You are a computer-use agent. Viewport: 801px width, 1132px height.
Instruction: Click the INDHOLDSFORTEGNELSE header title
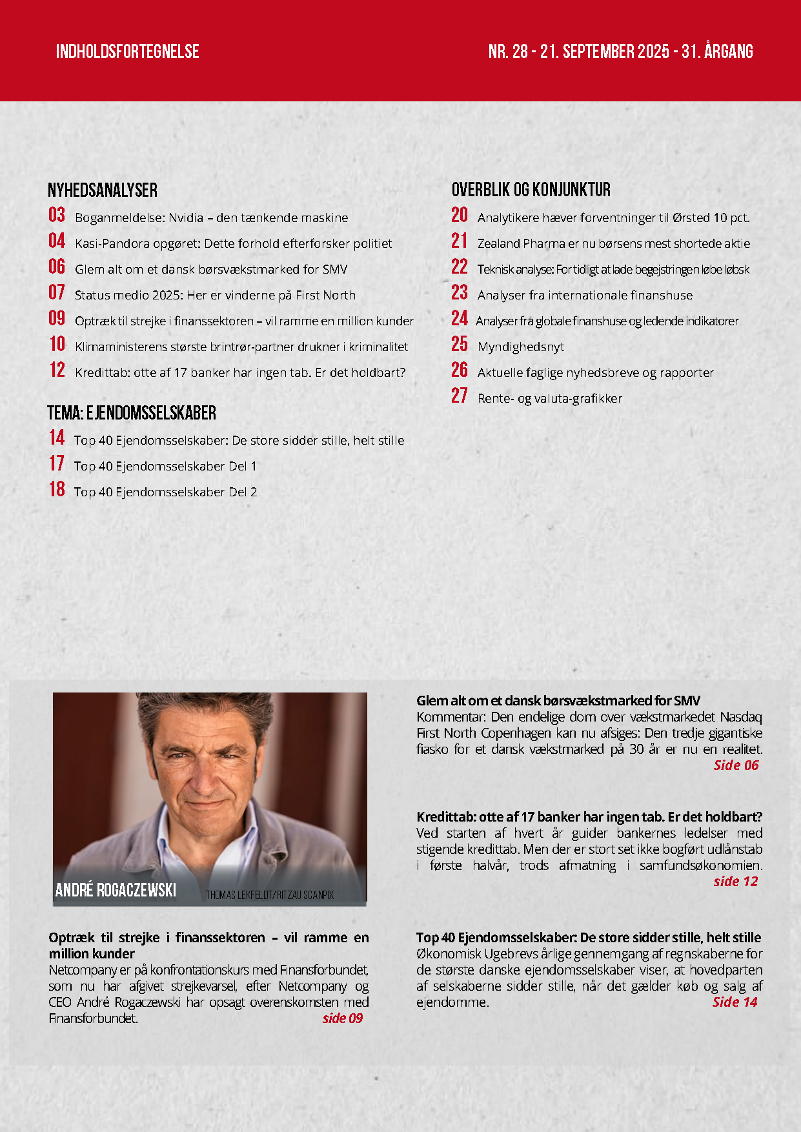click(x=127, y=52)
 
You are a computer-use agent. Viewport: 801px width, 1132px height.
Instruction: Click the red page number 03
click(x=57, y=215)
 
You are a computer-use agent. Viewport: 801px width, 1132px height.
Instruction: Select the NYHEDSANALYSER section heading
click(x=103, y=190)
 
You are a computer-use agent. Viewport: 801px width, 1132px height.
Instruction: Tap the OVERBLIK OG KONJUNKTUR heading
click(x=531, y=190)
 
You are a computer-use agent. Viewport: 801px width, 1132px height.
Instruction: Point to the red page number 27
click(x=459, y=396)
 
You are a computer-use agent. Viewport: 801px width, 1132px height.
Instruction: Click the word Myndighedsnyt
click(x=521, y=347)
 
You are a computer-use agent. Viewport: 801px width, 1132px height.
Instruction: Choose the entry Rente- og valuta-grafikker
click(x=549, y=398)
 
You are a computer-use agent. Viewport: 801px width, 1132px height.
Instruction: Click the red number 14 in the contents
click(x=57, y=438)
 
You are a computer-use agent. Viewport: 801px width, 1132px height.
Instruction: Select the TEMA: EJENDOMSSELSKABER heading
click(x=132, y=413)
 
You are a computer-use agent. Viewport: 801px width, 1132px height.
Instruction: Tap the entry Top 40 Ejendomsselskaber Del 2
click(x=165, y=492)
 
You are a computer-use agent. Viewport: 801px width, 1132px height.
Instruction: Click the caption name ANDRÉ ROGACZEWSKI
click(x=116, y=890)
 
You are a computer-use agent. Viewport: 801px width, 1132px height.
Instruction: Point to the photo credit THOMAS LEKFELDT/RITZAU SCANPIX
click(x=270, y=895)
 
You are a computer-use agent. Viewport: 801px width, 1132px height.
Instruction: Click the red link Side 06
click(x=736, y=765)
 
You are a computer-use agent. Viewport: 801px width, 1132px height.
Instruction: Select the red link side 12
click(x=735, y=881)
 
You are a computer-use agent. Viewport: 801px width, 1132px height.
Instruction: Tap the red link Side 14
click(x=735, y=1002)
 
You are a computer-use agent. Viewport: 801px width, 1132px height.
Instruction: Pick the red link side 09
click(x=342, y=1018)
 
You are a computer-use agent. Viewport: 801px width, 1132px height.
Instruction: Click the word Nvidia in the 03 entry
click(x=186, y=217)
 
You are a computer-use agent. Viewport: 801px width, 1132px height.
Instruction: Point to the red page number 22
click(x=459, y=267)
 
